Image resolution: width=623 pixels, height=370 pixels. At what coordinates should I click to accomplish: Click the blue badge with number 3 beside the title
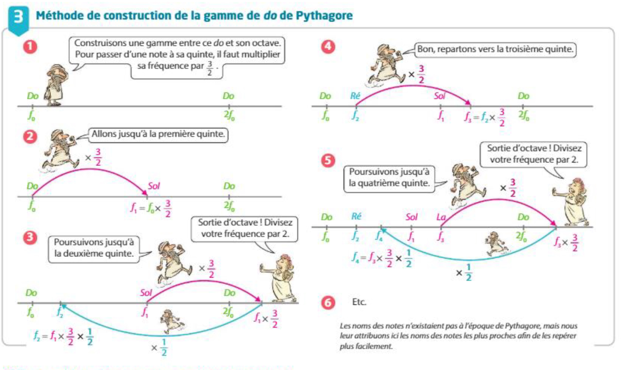[x=18, y=17]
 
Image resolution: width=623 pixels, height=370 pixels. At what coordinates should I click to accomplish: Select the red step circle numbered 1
[x=30, y=47]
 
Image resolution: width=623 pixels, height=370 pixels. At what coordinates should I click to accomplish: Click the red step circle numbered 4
[x=328, y=47]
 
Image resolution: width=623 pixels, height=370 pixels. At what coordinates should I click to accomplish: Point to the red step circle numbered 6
[x=328, y=303]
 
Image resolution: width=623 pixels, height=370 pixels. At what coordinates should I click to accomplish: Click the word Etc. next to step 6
[x=359, y=302]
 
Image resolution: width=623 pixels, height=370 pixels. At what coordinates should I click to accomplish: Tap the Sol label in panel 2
[x=154, y=186]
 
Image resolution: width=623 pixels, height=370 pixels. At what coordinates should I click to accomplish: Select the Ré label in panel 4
[x=355, y=96]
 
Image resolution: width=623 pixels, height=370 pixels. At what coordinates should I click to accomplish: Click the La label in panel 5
[x=441, y=217]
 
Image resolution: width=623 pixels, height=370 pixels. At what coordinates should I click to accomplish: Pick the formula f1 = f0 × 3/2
[x=151, y=208]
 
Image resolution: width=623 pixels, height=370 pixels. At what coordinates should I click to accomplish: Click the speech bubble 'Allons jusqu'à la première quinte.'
[x=158, y=134]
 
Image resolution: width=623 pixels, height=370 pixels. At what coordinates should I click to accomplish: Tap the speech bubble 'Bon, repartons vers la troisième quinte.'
[x=495, y=50]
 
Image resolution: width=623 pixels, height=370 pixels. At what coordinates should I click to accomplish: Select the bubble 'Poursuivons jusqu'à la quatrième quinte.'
[x=389, y=178]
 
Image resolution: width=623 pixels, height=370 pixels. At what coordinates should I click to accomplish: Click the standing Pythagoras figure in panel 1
[x=57, y=85]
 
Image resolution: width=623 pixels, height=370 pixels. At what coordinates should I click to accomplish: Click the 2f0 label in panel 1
[x=229, y=116]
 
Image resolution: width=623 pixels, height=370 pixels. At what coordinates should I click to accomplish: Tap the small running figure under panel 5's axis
[x=496, y=244]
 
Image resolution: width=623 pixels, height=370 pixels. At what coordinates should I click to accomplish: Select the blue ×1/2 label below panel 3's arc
[x=160, y=348]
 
